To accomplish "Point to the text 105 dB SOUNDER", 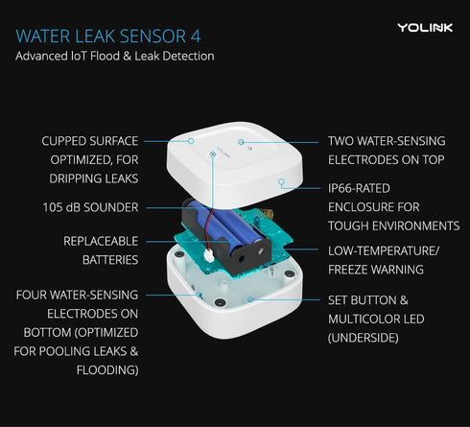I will point(89,207).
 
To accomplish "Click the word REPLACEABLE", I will point(100,241).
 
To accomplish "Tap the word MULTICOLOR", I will point(368,318).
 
